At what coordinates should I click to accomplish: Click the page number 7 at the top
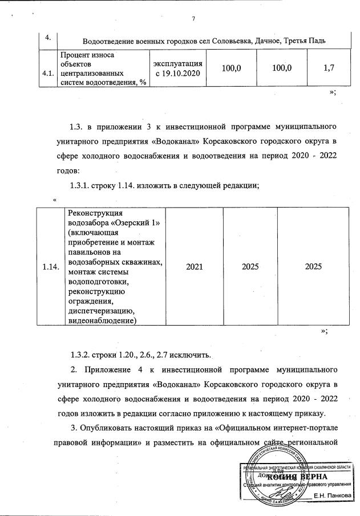point(193,20)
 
